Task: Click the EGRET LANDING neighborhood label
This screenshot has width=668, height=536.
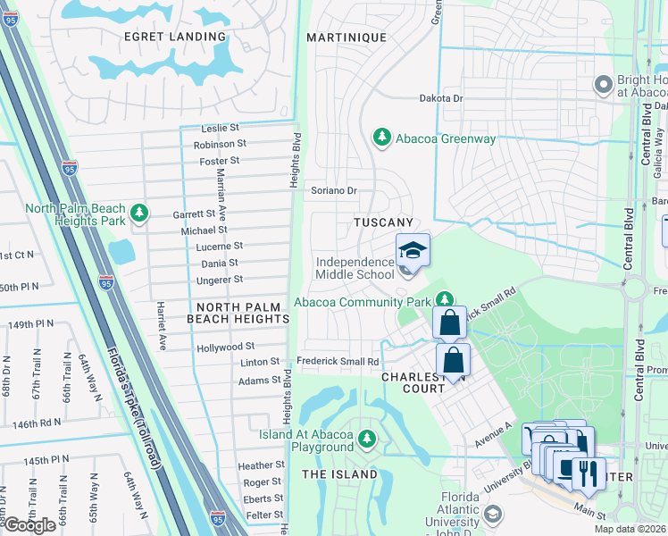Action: pyautogui.click(x=175, y=37)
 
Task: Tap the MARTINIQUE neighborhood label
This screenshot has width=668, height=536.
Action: pyautogui.click(x=347, y=38)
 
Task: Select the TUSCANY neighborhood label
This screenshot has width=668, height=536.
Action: pyautogui.click(x=383, y=222)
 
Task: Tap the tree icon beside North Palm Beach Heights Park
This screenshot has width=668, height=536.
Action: pyautogui.click(x=138, y=213)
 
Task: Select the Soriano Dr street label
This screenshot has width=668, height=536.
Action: pyautogui.click(x=334, y=190)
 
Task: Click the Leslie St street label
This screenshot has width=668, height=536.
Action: pyautogui.click(x=221, y=128)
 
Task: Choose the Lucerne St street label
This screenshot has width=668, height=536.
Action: pyautogui.click(x=219, y=246)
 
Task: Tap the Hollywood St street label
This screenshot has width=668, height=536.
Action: pyautogui.click(x=226, y=346)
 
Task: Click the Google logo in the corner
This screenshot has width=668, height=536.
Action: pyautogui.click(x=30, y=525)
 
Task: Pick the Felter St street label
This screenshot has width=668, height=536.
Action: pyautogui.click(x=263, y=515)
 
